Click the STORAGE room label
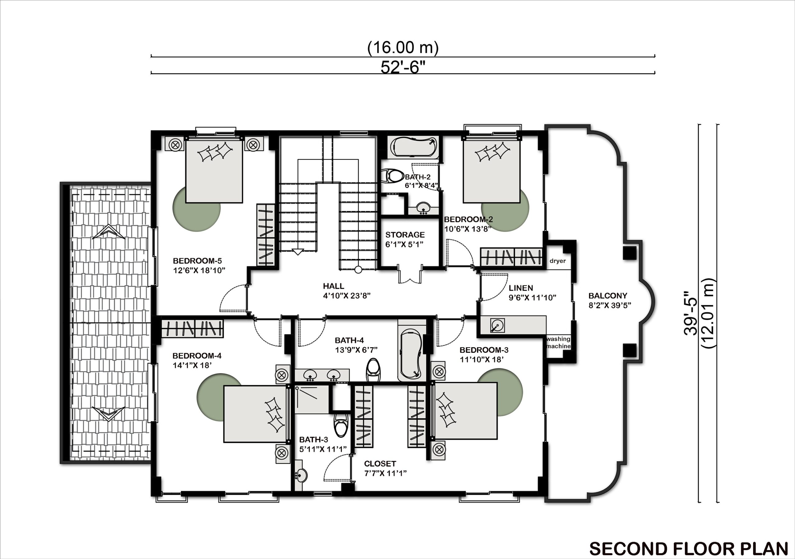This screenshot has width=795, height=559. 405,235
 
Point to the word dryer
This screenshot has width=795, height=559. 557,261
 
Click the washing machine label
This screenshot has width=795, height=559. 558,343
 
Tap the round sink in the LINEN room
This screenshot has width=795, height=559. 497,325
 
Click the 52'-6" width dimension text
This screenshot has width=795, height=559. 402,67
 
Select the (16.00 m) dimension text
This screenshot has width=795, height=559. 403,48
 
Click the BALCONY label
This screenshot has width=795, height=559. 608,295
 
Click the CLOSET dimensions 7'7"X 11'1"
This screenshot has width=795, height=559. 385,473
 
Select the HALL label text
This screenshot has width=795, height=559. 333,286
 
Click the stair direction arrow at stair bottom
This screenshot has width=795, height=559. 298,252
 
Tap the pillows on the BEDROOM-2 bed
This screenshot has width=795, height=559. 492,153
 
